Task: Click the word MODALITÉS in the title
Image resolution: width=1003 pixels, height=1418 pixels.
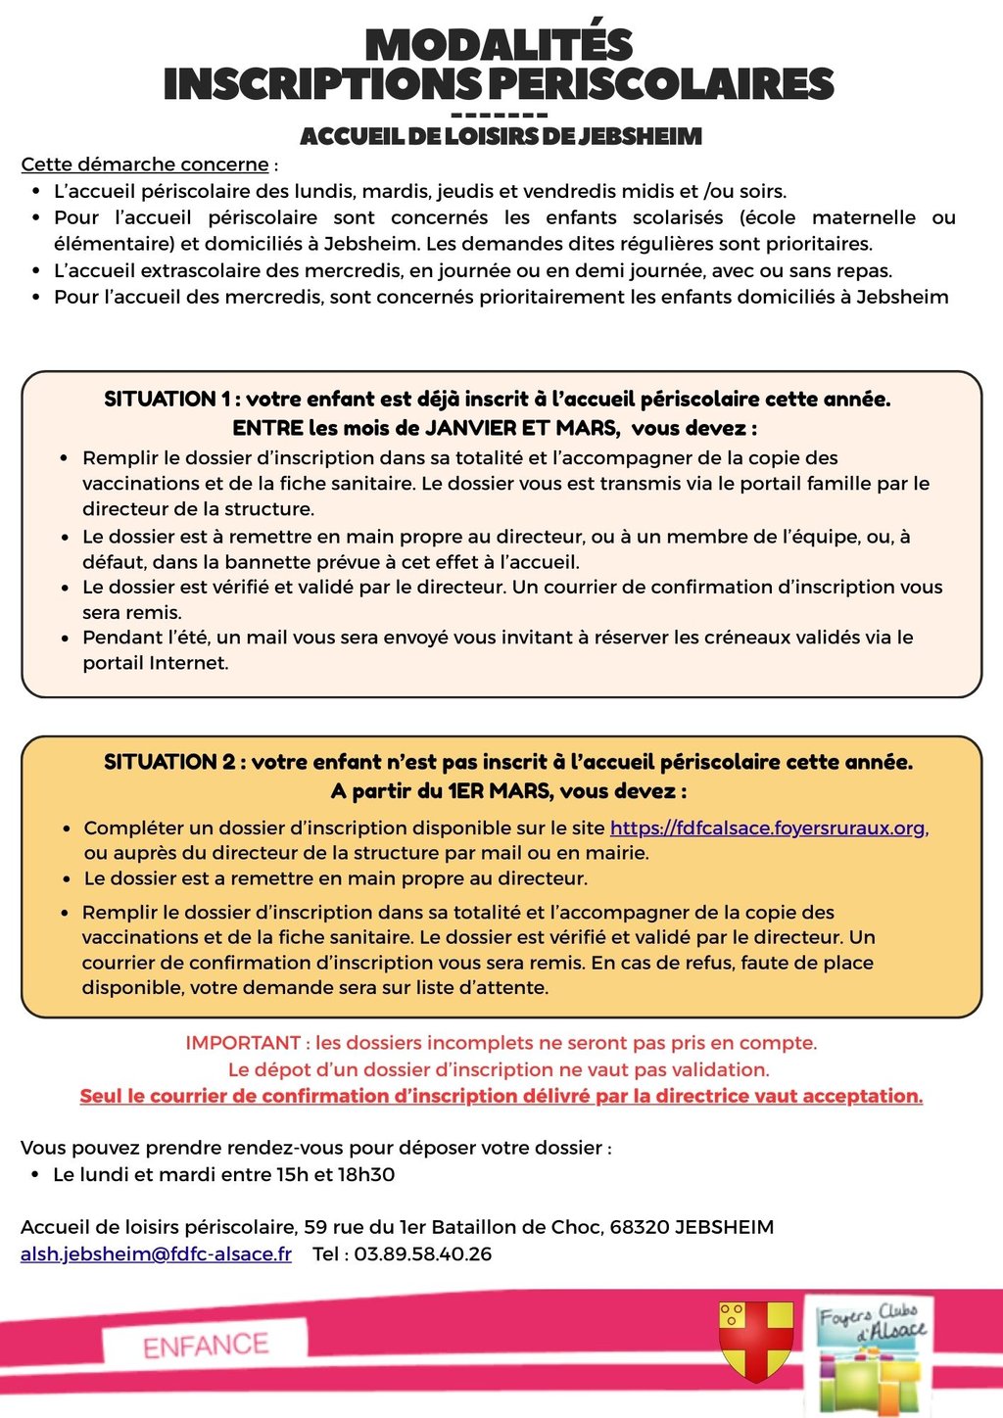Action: point(500,46)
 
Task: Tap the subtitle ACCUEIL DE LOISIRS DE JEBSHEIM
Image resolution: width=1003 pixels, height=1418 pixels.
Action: point(501,136)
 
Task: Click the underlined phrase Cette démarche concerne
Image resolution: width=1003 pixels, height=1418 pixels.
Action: point(145,165)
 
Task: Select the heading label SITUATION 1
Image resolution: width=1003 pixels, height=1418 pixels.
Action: point(160,400)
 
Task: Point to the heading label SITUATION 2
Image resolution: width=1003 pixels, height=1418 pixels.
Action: point(161,762)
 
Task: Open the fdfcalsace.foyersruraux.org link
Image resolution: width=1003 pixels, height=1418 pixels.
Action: point(769,828)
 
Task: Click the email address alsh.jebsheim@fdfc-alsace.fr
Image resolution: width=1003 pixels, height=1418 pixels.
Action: point(156,1254)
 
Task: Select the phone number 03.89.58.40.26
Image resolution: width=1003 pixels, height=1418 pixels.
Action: point(423,1254)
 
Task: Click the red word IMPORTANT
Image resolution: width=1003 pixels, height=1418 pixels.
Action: point(243,1043)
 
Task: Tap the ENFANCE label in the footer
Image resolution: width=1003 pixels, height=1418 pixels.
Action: point(206,1346)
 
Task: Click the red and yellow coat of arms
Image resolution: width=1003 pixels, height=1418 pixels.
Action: point(755,1339)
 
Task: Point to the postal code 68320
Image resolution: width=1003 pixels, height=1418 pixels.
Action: point(639,1228)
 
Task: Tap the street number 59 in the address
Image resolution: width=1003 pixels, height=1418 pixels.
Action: point(315,1228)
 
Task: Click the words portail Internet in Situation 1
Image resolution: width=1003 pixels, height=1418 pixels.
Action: point(155,663)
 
